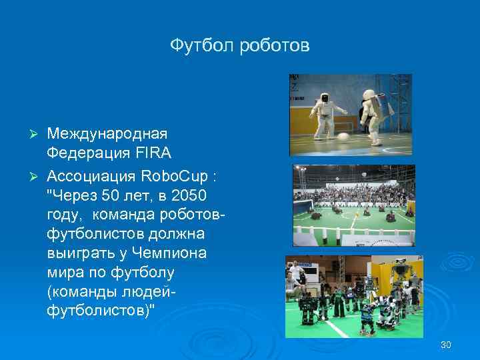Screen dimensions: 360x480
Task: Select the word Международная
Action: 109,135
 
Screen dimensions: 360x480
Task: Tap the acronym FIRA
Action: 155,153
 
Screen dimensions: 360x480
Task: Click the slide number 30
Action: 446,345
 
